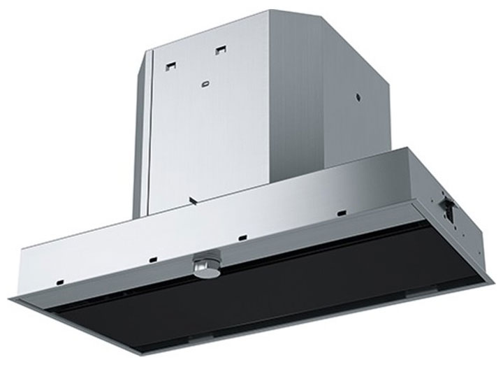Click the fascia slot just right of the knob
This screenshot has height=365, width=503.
tap(242, 236)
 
